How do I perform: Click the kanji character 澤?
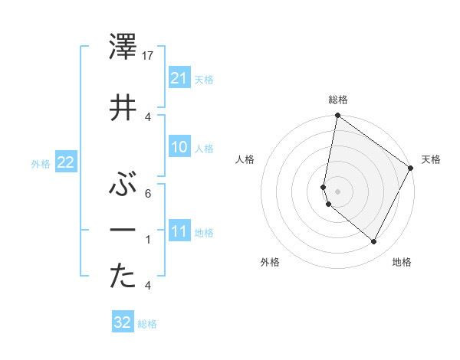tap(123, 50)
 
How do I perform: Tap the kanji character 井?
tap(123, 107)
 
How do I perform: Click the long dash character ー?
tap(123, 230)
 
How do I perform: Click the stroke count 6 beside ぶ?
tap(147, 193)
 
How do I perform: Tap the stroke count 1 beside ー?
tap(147, 239)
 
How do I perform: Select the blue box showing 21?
tap(179, 77)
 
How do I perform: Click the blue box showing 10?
tap(179, 147)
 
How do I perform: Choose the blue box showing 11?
tap(179, 231)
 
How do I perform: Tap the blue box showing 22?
tap(65, 162)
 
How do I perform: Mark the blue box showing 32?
tap(123, 322)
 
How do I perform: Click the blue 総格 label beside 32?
tap(147, 324)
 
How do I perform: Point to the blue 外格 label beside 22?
tap(41, 163)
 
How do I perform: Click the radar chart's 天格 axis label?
tap(431, 159)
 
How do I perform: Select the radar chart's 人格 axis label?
tap(245, 159)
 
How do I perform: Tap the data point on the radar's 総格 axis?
tap(337, 116)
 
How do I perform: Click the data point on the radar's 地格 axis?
tap(374, 242)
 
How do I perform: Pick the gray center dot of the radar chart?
tap(337, 191)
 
